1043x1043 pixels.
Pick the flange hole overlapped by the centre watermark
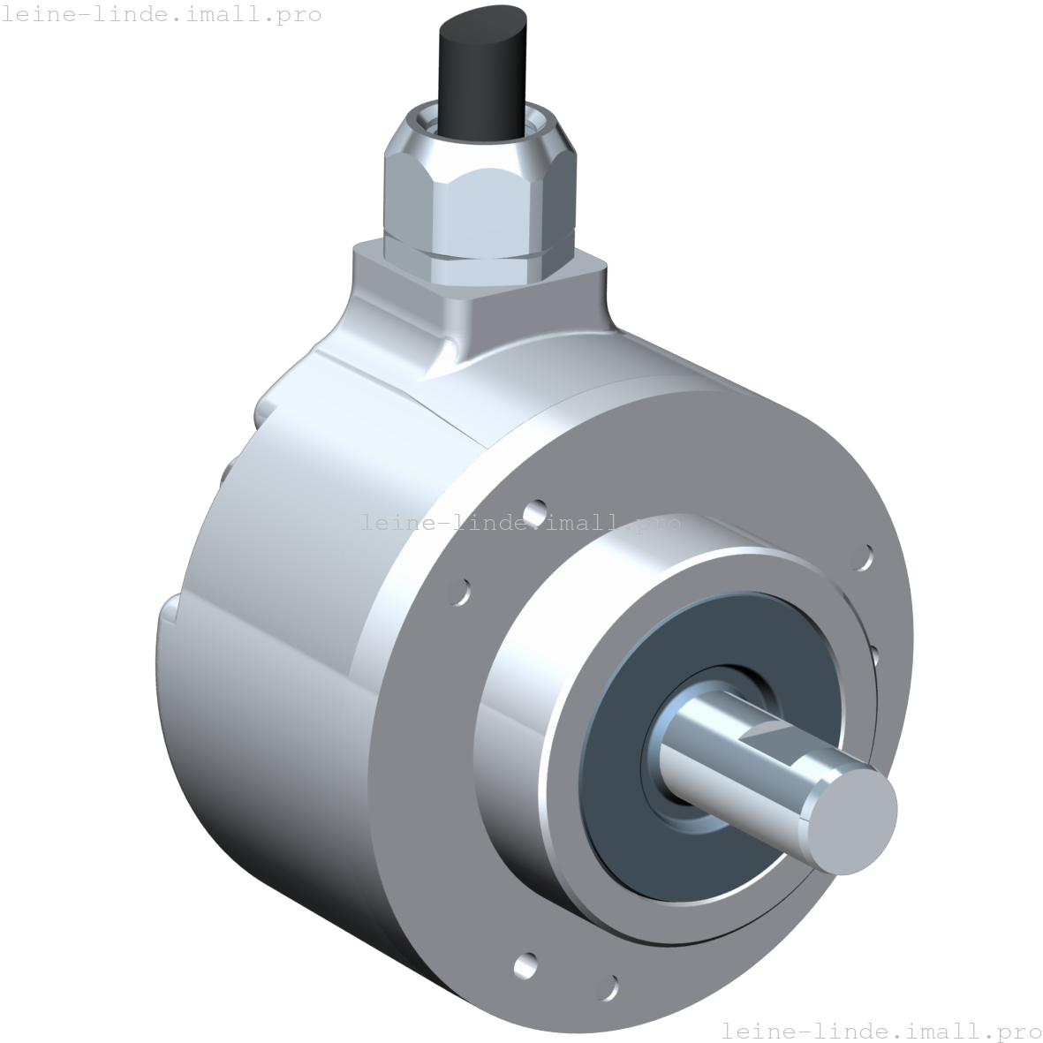click(535, 513)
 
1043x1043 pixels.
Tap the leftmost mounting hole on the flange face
click(459, 592)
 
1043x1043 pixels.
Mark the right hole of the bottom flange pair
click(608, 986)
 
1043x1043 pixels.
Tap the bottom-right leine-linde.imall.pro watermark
click(881, 1031)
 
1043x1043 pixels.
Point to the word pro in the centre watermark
click(659, 523)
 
